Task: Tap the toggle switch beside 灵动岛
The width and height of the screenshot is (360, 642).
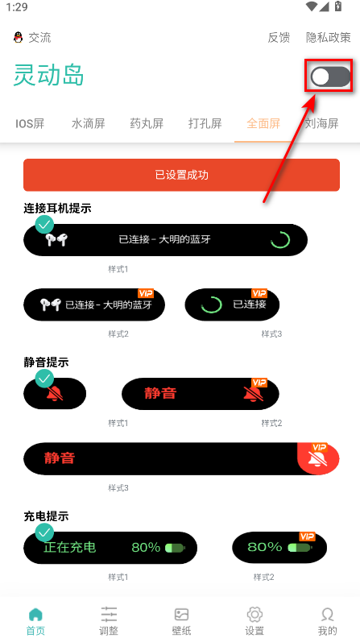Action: pos(331,77)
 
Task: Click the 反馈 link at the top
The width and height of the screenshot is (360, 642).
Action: pos(279,37)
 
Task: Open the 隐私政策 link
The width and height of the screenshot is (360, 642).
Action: pos(329,37)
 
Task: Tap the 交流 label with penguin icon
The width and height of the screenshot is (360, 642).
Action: pos(32,37)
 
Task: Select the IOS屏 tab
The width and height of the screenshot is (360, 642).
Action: pos(31,124)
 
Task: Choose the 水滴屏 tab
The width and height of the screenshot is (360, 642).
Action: pos(89,124)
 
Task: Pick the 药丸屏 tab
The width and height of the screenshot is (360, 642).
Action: pos(147,124)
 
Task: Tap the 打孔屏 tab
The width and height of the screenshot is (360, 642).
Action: pos(205,124)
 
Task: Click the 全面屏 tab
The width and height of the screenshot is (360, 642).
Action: pos(263,124)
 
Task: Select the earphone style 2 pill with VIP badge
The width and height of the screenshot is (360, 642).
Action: pos(94,304)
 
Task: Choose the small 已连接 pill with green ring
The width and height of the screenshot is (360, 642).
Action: pos(232,304)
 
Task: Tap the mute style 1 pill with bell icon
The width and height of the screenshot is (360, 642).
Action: pos(55,394)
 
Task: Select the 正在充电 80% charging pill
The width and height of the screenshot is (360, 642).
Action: pos(110,548)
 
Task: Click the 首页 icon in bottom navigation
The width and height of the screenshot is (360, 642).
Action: pos(35,620)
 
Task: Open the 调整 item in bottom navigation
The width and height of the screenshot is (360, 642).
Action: pos(109,620)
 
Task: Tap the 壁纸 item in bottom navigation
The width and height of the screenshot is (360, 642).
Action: pos(181,620)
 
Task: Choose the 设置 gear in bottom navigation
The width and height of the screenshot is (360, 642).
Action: pos(254,620)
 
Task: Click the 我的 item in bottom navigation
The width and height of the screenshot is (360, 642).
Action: pos(327,620)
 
